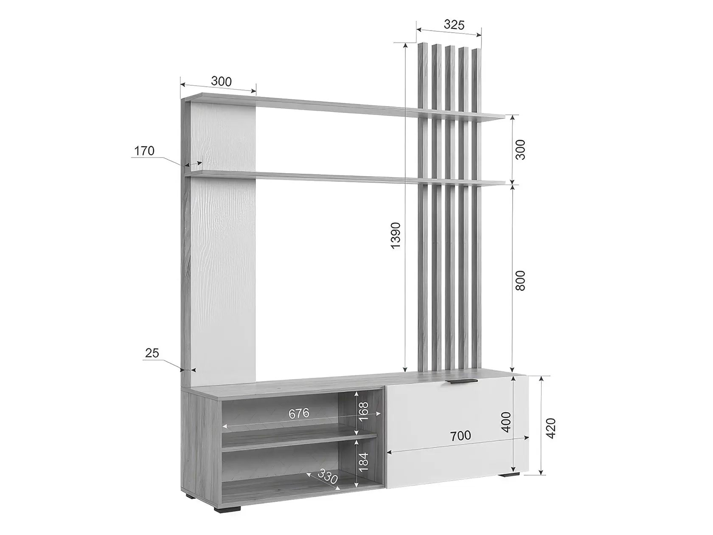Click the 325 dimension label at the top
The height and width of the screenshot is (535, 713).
point(454,25)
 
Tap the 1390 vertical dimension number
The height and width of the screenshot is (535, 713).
point(396,236)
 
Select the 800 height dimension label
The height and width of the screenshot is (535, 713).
point(520,280)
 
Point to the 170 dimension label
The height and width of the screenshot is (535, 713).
point(144,151)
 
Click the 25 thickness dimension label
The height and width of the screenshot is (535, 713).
point(152,353)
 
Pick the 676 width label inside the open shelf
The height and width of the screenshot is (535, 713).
point(299,413)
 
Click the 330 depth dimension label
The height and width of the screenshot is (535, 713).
point(327,476)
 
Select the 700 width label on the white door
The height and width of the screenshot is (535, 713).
point(460,436)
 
